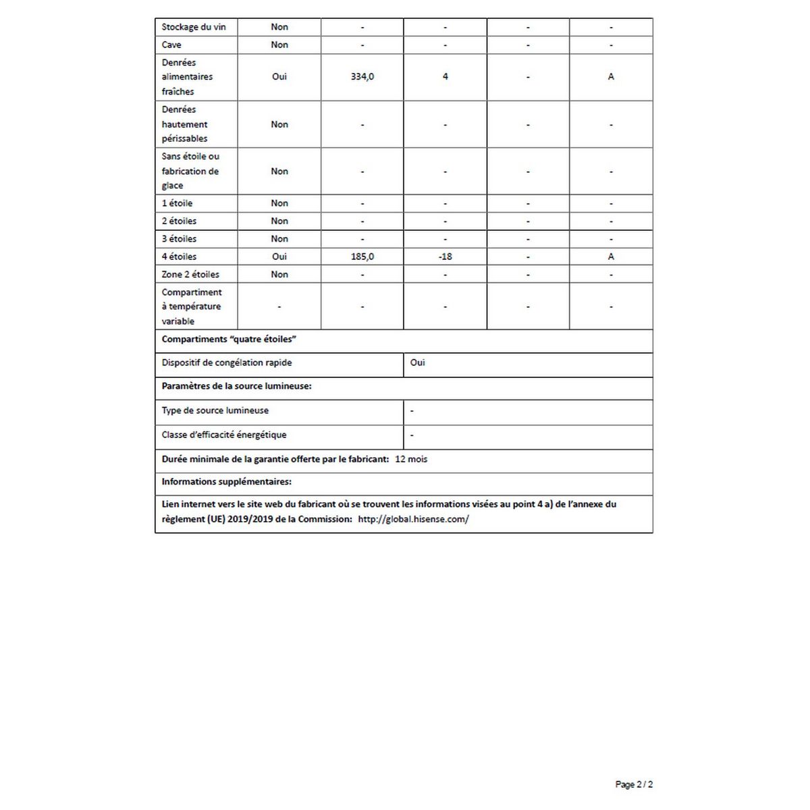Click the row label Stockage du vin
coord(194,27)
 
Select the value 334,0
coord(362,77)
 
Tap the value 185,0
coord(362,256)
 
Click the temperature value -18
coord(445,256)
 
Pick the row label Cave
coord(171,45)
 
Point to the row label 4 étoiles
coord(179,256)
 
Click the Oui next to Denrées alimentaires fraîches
coord(279,77)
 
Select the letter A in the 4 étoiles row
coord(611,256)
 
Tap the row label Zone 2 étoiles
coord(190,274)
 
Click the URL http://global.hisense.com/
coord(413,519)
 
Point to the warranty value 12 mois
coord(411,459)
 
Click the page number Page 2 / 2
coord(634,784)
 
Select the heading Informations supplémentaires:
coord(226,482)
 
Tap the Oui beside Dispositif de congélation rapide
coord(418,362)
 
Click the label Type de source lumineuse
coord(215,410)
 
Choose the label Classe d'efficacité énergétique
coord(223,435)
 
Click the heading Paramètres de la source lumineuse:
coord(236,386)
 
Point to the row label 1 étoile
coord(177,203)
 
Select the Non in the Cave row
coord(279,45)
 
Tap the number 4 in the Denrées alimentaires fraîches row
coord(445,77)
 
